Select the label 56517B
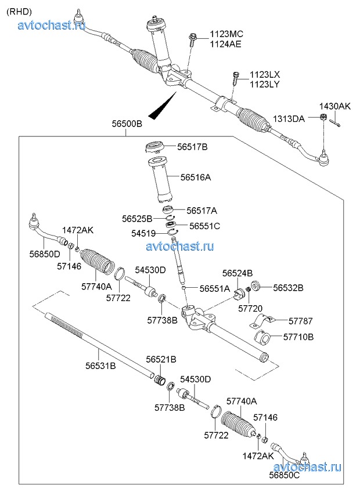pos(192,147)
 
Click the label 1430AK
pos(335,106)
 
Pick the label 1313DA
pos(289,119)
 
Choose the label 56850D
pos(45,254)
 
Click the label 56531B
pos(100,366)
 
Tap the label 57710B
pos(298,337)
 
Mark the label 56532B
pos(289,287)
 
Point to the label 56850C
pos(285,475)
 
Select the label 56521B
pos(161,360)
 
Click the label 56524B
pos(237,273)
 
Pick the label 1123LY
pos(265,84)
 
